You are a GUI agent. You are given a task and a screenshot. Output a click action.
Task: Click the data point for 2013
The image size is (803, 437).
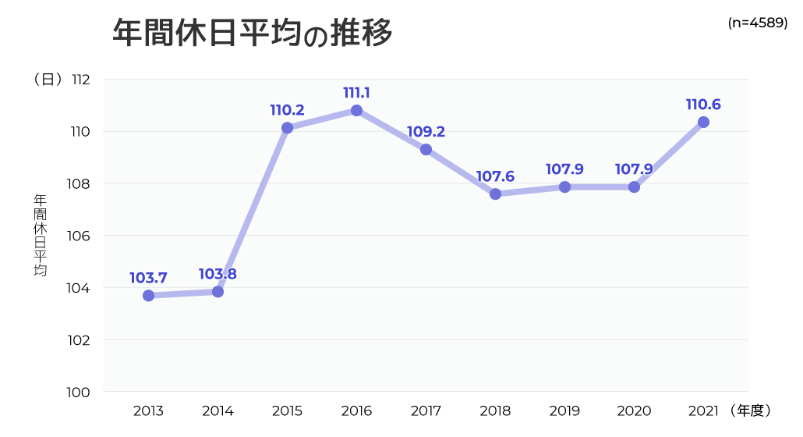coord(148,296)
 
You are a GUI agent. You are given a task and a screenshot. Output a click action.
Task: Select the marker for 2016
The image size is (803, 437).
coord(356,111)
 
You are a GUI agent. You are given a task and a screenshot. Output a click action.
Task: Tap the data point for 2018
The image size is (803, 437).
coord(495,194)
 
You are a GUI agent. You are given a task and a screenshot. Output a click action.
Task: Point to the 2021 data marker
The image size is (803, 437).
coord(703,122)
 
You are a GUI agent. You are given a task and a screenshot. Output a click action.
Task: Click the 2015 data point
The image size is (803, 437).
coord(287,128)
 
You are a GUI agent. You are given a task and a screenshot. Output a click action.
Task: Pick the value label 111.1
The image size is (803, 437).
coord(356,93)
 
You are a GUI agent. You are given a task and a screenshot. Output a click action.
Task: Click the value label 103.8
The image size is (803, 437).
coord(218,274)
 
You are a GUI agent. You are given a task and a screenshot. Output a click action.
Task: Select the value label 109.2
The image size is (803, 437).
coord(426,132)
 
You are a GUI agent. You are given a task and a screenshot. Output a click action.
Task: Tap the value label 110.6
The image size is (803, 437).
coord(703,104)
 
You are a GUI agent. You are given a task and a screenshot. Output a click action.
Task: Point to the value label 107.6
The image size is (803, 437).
coord(495,176)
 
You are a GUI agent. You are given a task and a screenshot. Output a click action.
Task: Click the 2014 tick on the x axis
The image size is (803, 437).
coord(218,410)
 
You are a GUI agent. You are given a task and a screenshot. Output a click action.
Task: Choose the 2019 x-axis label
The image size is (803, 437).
coord(564,410)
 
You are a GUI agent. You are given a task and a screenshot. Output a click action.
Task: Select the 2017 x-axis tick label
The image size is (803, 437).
coord(426,410)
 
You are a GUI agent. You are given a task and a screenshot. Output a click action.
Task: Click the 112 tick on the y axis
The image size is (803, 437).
coord(81,80)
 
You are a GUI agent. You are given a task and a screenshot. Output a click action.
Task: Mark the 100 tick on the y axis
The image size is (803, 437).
coord(80,392)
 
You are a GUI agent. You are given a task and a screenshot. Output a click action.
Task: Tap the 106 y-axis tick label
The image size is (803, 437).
coord(80,236)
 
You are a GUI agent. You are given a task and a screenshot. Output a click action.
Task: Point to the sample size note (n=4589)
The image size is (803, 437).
coord(757,23)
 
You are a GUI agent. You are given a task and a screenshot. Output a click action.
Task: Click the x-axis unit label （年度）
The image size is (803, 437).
coord(752,410)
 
